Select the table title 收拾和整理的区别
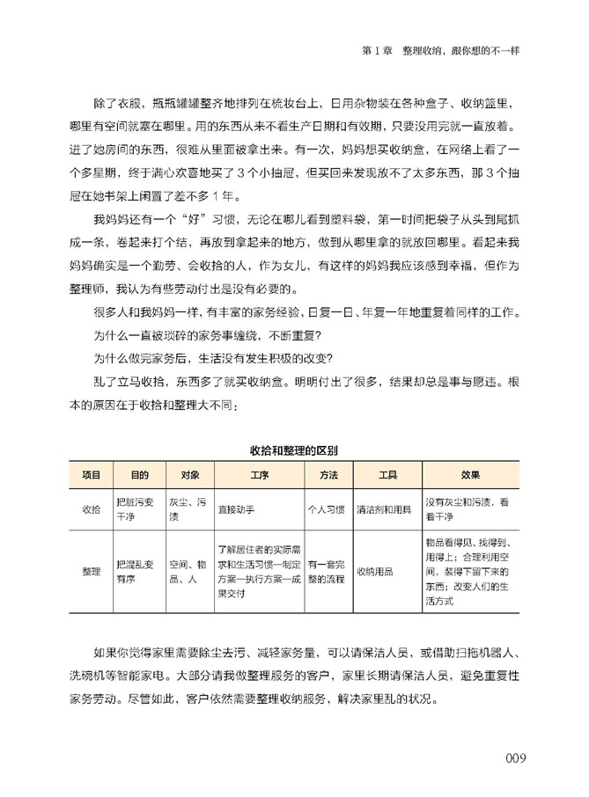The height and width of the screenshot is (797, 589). (x=294, y=450)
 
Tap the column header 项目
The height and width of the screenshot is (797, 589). (x=91, y=475)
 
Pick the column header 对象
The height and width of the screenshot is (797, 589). (x=189, y=475)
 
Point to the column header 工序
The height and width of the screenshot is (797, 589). (x=259, y=475)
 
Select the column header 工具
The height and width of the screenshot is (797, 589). (x=388, y=475)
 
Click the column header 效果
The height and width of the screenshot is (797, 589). (x=470, y=475)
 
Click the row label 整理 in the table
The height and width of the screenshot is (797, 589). (x=91, y=571)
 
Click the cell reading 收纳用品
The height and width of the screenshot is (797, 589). (x=374, y=571)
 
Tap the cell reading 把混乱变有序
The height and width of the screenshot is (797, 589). (x=134, y=571)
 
